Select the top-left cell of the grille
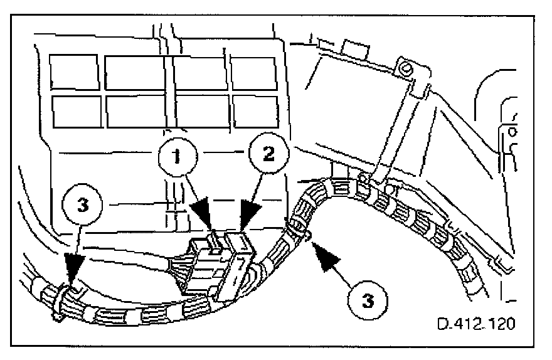click(x=73, y=70)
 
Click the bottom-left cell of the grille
click(x=75, y=110)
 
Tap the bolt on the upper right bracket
click(x=406, y=68)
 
